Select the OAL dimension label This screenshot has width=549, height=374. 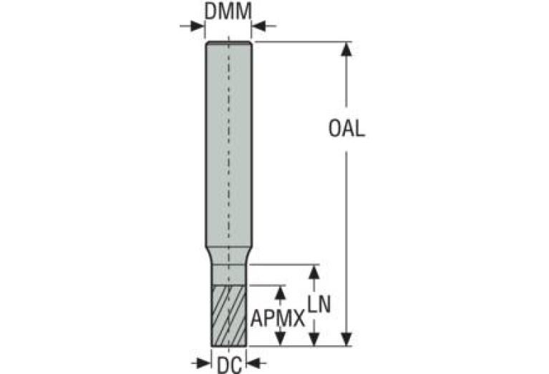point(346,129)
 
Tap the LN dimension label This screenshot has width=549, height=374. point(319,305)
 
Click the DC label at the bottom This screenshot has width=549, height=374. point(228,365)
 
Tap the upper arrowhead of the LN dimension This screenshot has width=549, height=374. point(313,272)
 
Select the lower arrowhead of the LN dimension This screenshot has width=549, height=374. point(313,339)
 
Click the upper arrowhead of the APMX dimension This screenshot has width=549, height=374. point(280,292)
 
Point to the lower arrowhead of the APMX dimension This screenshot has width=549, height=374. point(280,340)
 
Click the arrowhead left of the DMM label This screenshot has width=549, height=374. point(198,26)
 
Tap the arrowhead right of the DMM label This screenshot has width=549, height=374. point(258,26)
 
